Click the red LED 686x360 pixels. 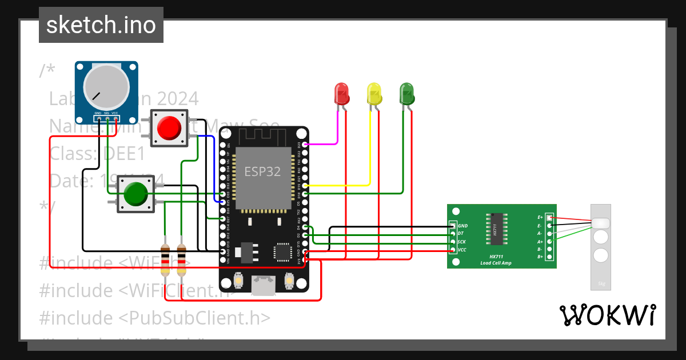pos(341,93)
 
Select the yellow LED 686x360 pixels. pos(374,93)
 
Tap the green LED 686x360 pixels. pos(406,93)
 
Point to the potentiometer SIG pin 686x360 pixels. pos(107,119)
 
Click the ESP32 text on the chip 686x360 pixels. pos(262,171)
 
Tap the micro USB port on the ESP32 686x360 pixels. pos(263,284)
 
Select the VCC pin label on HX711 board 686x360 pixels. pos(462,250)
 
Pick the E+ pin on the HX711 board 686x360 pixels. pos(549,218)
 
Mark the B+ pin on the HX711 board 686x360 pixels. pos(549,257)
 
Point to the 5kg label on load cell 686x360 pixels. pos(601,283)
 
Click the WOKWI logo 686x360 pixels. pos(607,315)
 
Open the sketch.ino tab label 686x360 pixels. pos(101,25)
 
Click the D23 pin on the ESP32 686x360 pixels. pos(306,145)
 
